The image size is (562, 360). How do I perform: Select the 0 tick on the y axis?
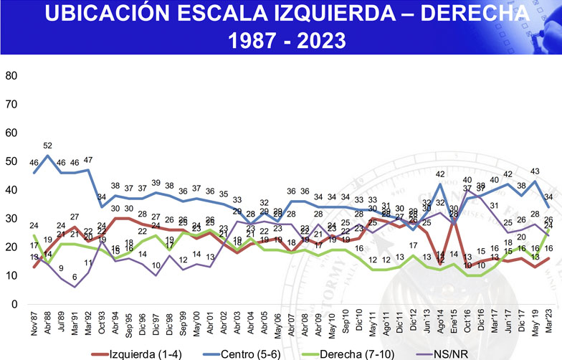(x=13, y=305)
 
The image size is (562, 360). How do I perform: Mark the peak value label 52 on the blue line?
(x=48, y=146)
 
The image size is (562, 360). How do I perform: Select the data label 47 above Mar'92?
(x=88, y=161)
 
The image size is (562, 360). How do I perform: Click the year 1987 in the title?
(x=251, y=41)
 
